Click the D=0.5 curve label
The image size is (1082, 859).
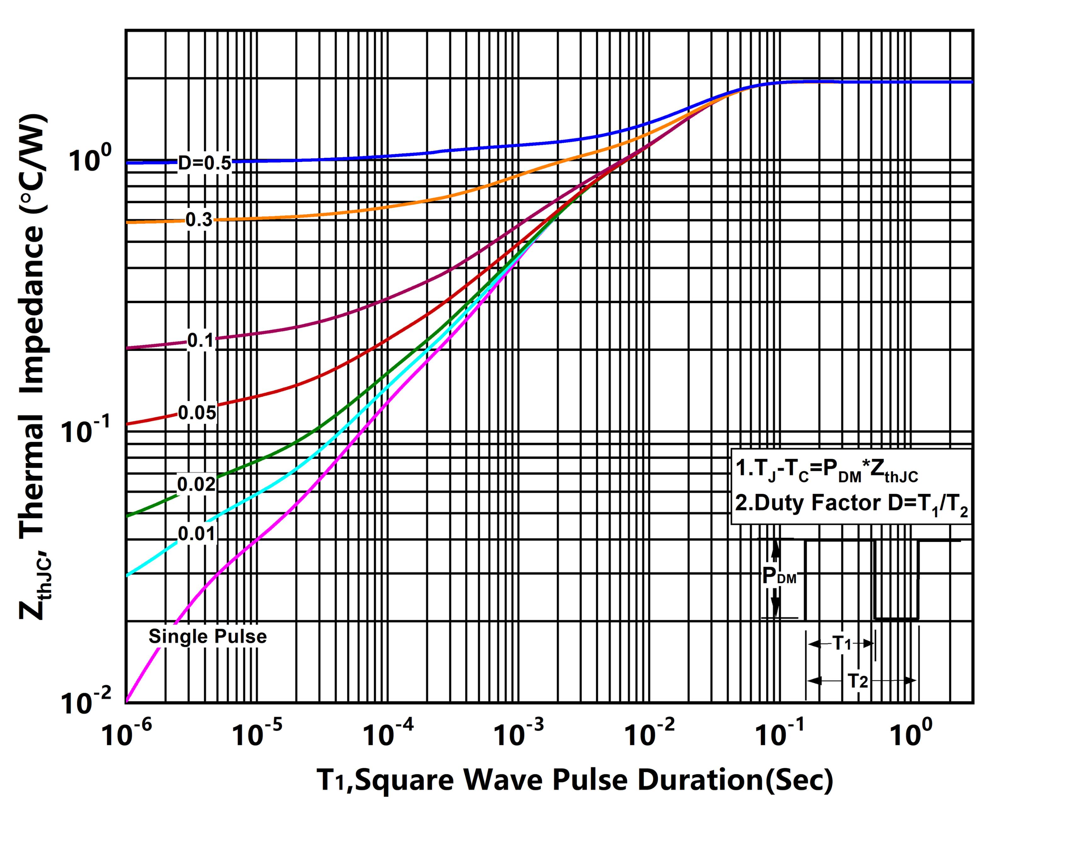pyautogui.click(x=205, y=163)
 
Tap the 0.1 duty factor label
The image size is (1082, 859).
pyautogui.click(x=201, y=341)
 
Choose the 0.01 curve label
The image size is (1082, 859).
pyautogui.click(x=196, y=534)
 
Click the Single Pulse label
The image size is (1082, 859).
pyautogui.click(x=207, y=637)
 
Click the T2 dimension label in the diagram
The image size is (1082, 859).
pyautogui.click(x=858, y=681)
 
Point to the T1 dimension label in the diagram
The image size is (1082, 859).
pyautogui.click(x=842, y=643)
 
